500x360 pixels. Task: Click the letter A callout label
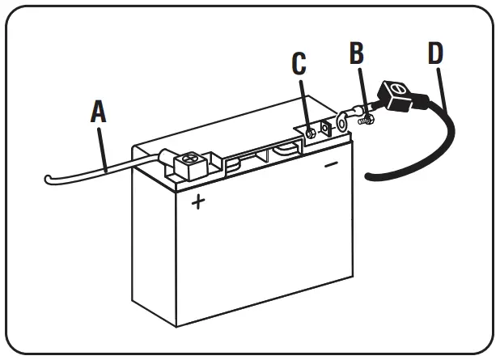click(98, 112)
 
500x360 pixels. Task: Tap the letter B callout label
click(357, 54)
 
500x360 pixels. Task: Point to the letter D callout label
click(435, 54)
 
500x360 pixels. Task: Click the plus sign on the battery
click(197, 202)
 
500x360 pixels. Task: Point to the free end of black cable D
click(371, 176)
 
